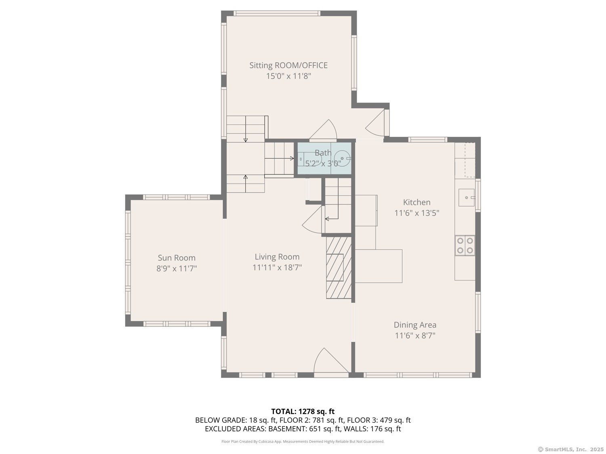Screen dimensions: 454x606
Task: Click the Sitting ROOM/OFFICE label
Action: coord(288,65)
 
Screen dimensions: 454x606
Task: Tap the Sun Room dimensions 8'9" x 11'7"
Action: coord(177,268)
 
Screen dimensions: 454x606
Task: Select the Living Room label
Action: coord(277,257)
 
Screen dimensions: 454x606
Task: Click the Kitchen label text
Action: coord(417,202)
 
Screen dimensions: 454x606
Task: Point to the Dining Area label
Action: coord(415,325)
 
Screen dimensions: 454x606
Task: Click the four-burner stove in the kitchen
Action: coord(465,245)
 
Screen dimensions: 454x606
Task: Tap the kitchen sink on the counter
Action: coord(466,197)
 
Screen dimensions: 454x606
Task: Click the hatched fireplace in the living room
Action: coord(339,268)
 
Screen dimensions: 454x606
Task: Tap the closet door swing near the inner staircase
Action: coord(313,221)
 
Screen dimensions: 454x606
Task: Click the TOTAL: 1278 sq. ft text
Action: coord(303,412)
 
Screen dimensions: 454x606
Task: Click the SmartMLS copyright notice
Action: coord(570,449)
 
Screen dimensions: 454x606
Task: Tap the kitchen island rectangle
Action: coord(379,266)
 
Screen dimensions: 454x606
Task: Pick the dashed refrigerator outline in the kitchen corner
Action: coord(469,160)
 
